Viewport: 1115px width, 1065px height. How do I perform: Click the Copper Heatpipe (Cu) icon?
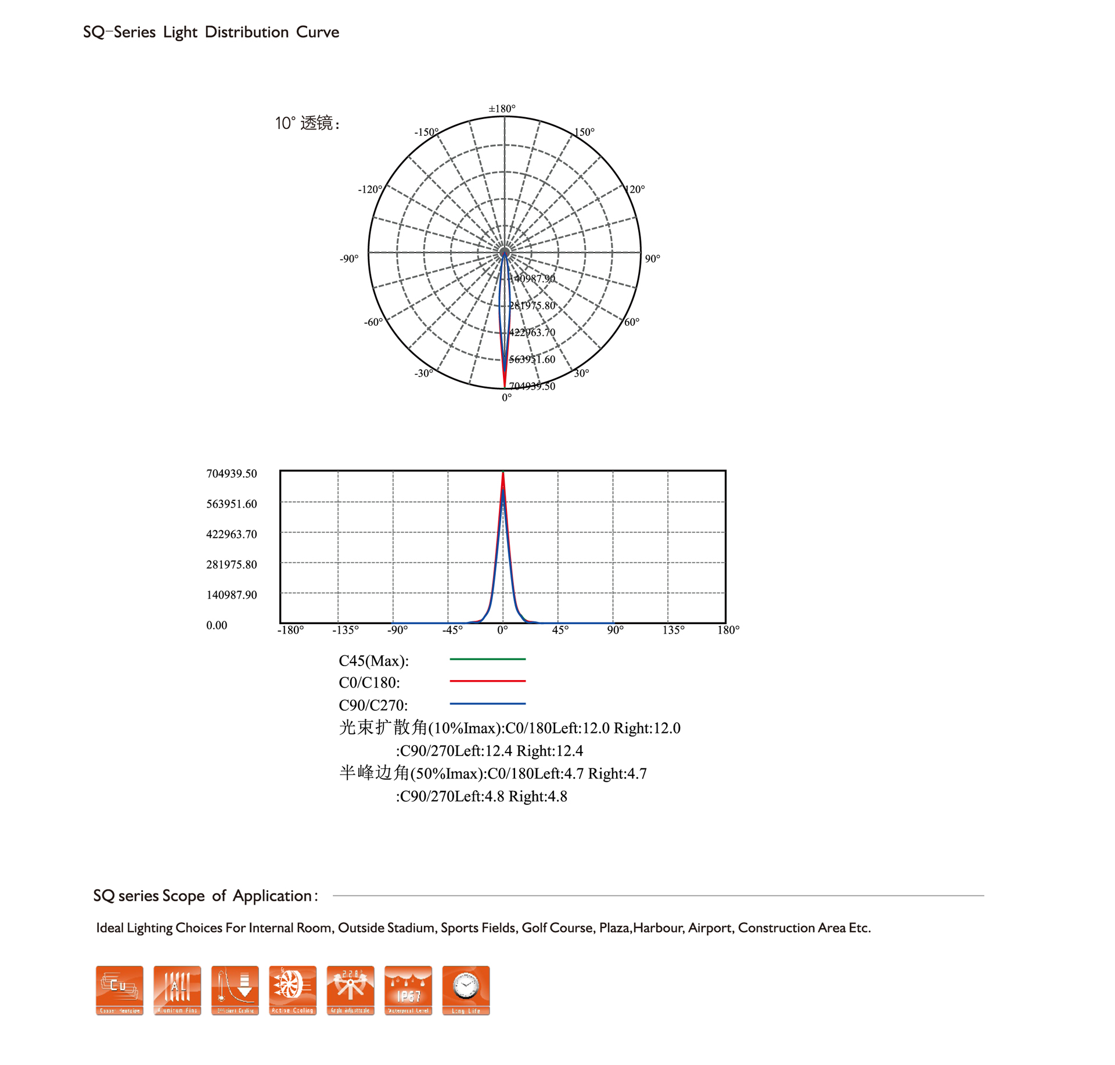[x=119, y=990]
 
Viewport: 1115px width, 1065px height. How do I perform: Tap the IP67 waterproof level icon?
[x=408, y=990]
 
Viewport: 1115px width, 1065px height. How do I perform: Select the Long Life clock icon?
[x=466, y=990]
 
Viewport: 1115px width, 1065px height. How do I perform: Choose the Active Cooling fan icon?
[x=293, y=990]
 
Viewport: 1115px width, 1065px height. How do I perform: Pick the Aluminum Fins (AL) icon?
[x=177, y=990]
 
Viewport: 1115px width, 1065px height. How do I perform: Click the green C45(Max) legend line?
[x=487, y=659]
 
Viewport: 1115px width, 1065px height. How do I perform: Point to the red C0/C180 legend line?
[x=487, y=681]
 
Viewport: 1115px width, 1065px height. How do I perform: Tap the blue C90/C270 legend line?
[x=487, y=703]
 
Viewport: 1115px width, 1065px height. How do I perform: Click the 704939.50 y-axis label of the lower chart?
[x=231, y=474]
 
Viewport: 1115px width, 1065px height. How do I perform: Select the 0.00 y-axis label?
[x=217, y=625]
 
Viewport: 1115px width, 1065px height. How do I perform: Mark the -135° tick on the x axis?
[x=346, y=630]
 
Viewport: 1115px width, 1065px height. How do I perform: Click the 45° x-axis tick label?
[x=560, y=630]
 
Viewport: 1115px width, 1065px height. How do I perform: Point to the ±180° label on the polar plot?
[x=502, y=109]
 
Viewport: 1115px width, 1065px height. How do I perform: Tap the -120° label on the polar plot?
[x=370, y=189]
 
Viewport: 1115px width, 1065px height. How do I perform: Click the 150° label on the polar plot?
[x=584, y=132]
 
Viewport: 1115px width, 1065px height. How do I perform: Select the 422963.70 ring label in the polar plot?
[x=532, y=333]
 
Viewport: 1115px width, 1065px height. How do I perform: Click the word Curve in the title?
[x=317, y=32]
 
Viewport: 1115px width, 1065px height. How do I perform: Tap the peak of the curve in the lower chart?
[x=503, y=473]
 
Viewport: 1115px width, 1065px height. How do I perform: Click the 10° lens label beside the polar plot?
[x=307, y=123]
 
